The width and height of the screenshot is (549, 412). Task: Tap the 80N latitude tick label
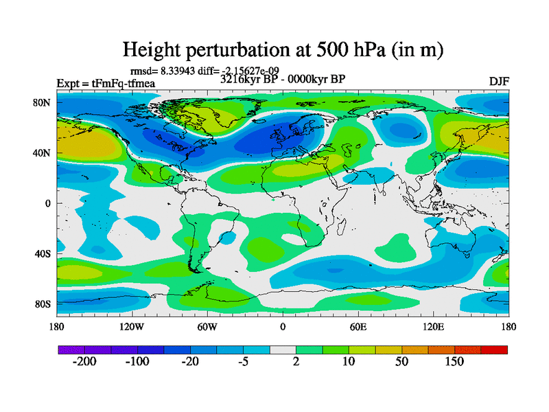point(43,103)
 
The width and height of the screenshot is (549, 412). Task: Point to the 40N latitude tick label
point(43,153)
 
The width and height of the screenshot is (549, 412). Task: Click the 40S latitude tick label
point(43,253)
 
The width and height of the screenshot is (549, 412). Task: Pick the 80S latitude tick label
point(43,304)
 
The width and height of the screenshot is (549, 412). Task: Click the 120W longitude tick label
point(131,327)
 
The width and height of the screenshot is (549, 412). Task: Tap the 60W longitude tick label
point(207,327)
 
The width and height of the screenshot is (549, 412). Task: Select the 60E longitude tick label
point(358,327)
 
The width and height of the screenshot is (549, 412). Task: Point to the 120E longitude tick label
point(433,327)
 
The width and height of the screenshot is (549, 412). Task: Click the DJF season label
point(499,82)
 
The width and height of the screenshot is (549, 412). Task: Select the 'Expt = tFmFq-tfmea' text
point(106,84)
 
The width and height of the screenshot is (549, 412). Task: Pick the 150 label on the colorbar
point(454,362)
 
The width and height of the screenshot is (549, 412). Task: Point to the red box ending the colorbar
point(494,350)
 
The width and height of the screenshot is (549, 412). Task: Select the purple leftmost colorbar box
point(71,350)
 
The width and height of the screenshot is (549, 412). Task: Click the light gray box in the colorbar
point(283,350)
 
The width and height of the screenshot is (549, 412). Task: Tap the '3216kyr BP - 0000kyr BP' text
point(283,79)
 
